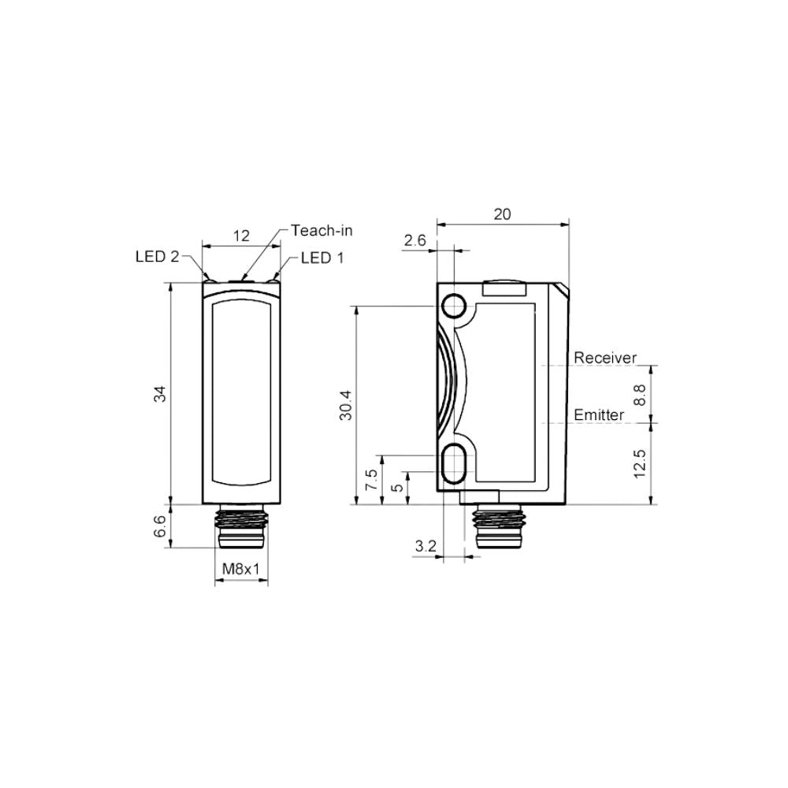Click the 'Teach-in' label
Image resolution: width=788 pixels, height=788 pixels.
tap(322, 230)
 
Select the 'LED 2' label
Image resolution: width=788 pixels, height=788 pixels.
tap(157, 257)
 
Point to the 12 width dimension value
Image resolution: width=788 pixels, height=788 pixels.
tap(241, 235)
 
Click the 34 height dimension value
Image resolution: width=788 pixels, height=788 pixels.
tap(161, 394)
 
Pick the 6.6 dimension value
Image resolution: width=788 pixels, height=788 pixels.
tap(161, 526)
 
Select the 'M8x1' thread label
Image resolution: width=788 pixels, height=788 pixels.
tap(240, 569)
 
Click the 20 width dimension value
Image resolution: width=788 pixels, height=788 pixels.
tap(502, 214)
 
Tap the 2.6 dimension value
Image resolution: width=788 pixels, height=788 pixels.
tap(414, 240)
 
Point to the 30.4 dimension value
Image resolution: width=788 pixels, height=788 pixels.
tap(346, 405)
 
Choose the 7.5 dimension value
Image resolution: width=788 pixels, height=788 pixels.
tap(370, 480)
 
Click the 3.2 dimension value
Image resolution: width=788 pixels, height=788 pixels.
tap(425, 545)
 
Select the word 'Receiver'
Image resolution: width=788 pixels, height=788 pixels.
tap(604, 358)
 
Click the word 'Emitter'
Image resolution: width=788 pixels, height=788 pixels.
tap(599, 414)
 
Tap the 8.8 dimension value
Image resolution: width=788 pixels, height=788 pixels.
tap(639, 394)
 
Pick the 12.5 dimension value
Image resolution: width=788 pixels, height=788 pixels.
tap(639, 463)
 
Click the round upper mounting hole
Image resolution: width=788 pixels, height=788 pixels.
tap(455, 305)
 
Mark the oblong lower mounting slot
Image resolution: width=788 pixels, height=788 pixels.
tap(455, 462)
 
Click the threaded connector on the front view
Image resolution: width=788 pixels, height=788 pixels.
tap(240, 528)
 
